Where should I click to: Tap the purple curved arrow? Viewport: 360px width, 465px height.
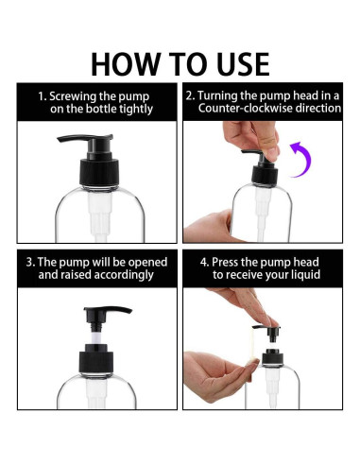pyautogui.click(x=303, y=159)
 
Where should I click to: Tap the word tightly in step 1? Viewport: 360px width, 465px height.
pyautogui.click(x=136, y=110)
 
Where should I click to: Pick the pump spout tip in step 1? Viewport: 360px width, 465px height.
pyautogui.click(x=59, y=139)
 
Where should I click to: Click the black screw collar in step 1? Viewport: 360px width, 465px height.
pyautogui.click(x=99, y=172)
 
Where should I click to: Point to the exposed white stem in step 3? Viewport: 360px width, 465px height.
pyautogui.click(x=97, y=337)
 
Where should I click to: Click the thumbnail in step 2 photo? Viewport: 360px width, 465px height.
pyautogui.click(x=272, y=152)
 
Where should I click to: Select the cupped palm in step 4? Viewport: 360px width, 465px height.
pyautogui.click(x=220, y=376)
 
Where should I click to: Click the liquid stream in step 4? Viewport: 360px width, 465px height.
pyautogui.click(x=251, y=344)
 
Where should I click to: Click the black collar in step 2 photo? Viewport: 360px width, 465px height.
pyautogui.click(x=265, y=176)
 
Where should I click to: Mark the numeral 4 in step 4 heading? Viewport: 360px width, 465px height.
pyautogui.click(x=203, y=263)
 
